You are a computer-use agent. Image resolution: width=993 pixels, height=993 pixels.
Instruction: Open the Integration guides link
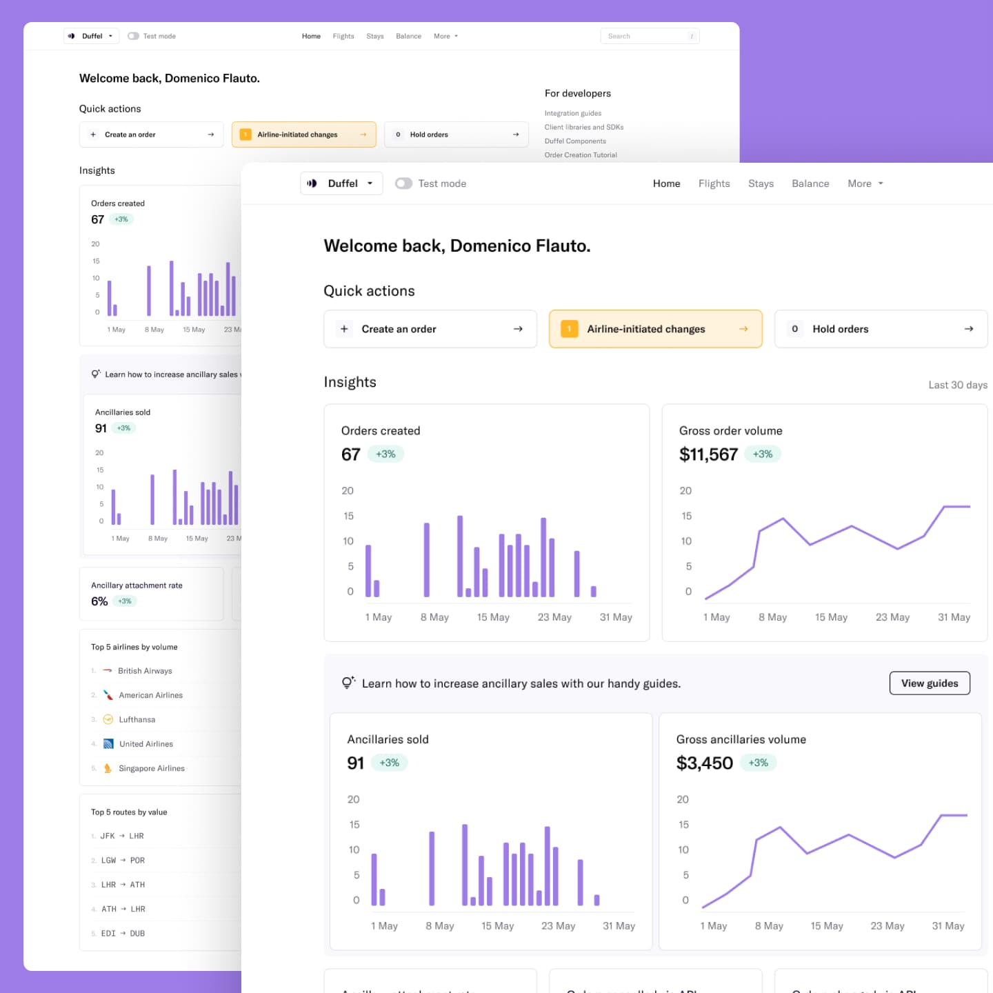pos(572,113)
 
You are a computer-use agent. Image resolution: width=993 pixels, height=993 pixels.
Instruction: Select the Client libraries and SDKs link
pos(583,127)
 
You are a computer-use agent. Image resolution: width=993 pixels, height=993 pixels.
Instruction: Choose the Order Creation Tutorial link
pos(580,155)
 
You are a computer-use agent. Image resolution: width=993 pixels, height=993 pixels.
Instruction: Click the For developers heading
pos(577,93)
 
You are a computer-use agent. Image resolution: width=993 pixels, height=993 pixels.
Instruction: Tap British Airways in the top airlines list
pos(144,671)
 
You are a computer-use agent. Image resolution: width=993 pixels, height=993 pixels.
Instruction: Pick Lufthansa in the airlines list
pos(137,719)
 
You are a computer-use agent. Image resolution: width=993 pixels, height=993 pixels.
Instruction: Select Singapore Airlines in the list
pos(151,768)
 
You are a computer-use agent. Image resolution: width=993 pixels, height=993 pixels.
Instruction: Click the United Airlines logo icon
pos(108,744)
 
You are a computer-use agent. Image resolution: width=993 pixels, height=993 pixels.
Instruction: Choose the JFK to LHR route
pos(122,836)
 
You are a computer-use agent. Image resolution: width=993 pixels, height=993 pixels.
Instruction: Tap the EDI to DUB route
pos(123,934)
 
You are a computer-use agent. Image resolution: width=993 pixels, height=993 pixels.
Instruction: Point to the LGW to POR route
pos(123,861)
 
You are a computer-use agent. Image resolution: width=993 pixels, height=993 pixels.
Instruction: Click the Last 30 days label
pos(957,385)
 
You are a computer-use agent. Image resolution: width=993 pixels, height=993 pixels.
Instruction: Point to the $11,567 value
pos(708,454)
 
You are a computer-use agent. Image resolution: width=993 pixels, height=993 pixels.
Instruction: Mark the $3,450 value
pos(704,763)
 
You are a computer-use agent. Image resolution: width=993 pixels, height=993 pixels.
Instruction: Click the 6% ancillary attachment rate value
pos(99,601)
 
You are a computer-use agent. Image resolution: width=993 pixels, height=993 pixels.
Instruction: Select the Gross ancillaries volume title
pos(741,739)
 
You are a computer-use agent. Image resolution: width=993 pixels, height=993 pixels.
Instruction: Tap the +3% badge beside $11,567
pos(762,454)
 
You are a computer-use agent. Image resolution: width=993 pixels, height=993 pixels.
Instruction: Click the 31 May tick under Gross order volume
pos(953,617)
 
